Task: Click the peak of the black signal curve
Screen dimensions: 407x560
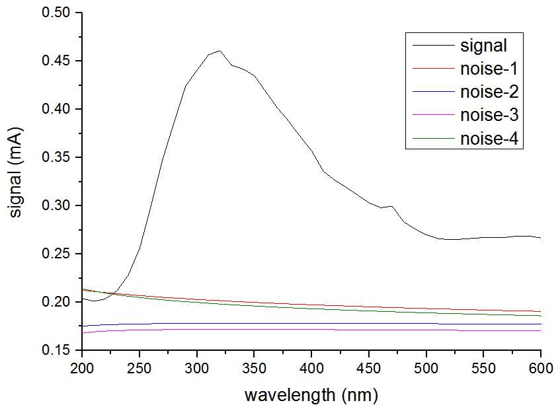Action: coord(220,50)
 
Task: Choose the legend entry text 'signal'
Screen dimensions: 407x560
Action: coord(483,46)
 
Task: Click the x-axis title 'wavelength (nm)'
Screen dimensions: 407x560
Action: coord(311,395)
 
